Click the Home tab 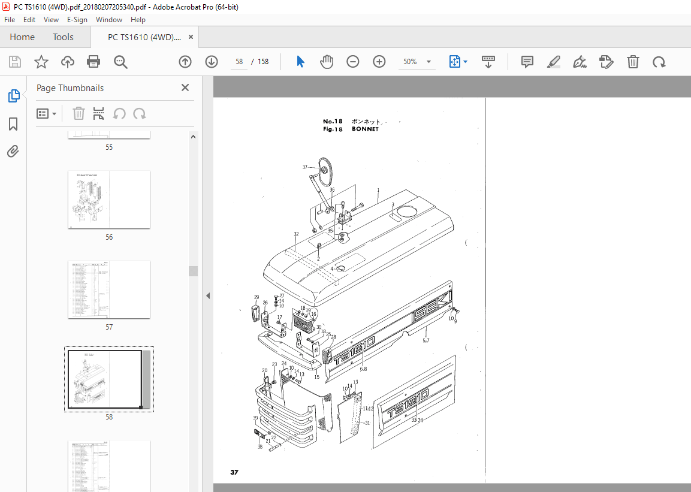coord(22,37)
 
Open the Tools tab coord(63,37)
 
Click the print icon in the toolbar coord(93,62)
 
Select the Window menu coord(109,19)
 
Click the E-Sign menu coord(77,19)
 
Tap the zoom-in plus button coord(379,62)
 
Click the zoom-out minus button coord(353,62)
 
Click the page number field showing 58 coord(239,62)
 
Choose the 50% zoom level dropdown coord(417,62)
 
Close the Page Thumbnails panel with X coord(185,87)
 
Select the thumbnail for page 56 coord(109,200)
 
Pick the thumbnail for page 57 coord(109,289)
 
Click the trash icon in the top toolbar coord(633,62)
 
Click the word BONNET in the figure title coord(365,129)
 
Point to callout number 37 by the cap coord(304,167)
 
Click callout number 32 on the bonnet coord(296,234)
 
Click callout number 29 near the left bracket coord(257,297)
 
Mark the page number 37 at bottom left coord(234,473)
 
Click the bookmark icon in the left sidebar coord(13,124)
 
